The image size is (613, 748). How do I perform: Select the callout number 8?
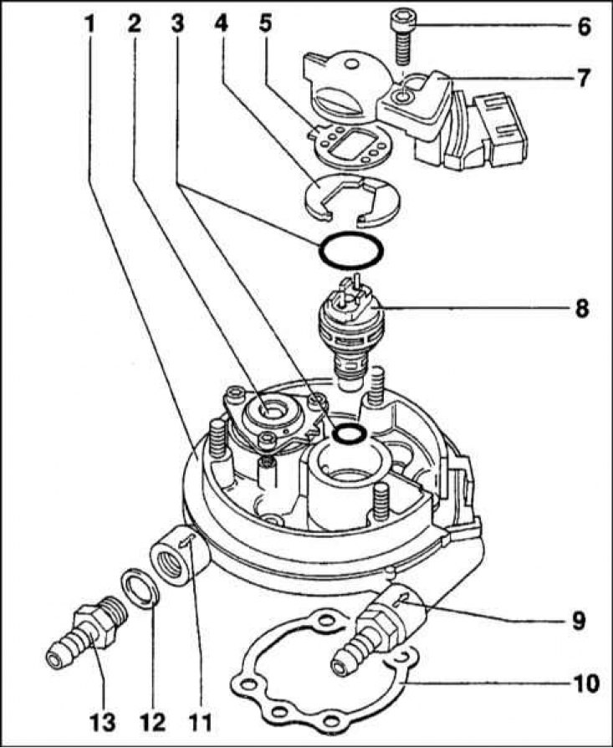click(582, 308)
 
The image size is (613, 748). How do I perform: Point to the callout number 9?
click(578, 621)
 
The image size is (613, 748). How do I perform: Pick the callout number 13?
click(103, 722)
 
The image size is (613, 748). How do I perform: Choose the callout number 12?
click(152, 722)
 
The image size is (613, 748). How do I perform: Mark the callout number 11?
click(200, 722)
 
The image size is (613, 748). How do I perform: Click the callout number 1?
click(89, 24)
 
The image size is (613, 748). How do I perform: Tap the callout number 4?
click(221, 24)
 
